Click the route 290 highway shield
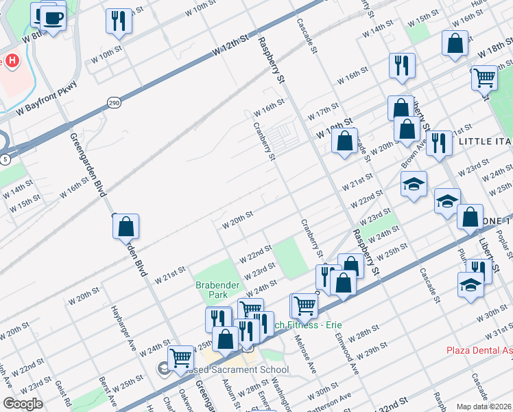pos(114,103)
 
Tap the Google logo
pos(23,403)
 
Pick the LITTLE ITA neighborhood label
pos(484,141)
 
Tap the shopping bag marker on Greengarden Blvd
pos(126,227)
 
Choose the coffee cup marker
pos(52,17)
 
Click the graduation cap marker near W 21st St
pos(414,184)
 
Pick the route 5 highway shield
pos(5,159)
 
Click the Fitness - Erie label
pos(298,325)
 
